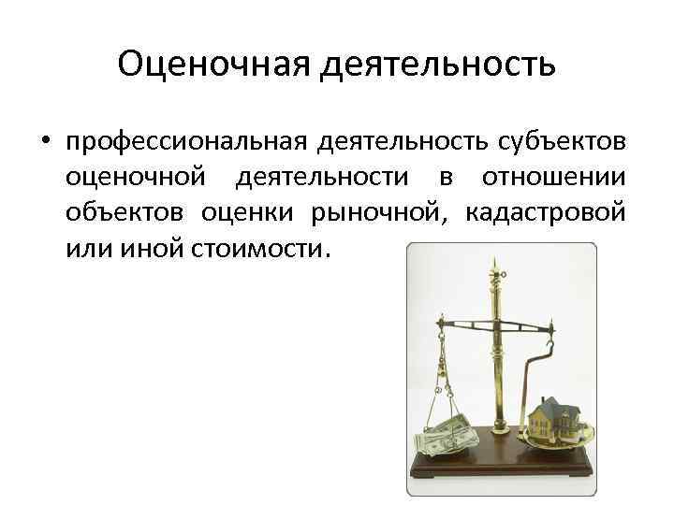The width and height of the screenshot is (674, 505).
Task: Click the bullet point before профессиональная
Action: tap(44, 141)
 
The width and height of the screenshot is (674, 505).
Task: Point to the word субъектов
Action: tap(558, 141)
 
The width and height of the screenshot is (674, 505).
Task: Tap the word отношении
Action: tap(553, 177)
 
